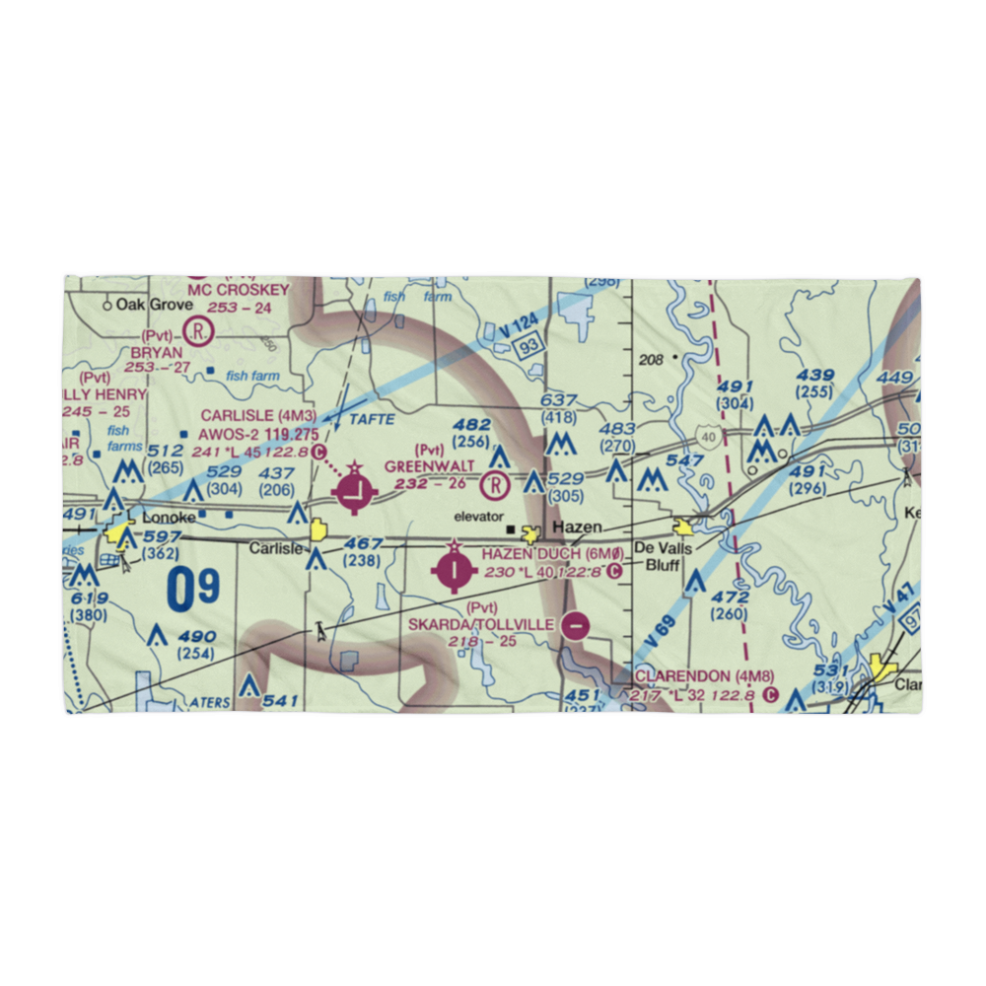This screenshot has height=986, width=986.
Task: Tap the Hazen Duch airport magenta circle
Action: point(454,569)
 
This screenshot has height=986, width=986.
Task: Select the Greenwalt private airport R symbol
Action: point(495,484)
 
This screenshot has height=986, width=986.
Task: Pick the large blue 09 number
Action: point(192,590)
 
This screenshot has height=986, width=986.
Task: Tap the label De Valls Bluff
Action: point(664,557)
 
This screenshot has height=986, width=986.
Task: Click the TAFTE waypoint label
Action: point(372,419)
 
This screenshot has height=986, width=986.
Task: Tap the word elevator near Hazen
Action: point(479,516)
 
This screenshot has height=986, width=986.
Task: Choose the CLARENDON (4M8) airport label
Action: point(696,676)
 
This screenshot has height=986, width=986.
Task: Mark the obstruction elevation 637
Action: point(558,400)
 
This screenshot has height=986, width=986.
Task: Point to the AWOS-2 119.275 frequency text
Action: point(258,433)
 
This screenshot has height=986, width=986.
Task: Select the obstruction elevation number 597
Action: point(162,536)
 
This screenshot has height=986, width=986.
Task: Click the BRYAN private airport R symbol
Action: point(200,331)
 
